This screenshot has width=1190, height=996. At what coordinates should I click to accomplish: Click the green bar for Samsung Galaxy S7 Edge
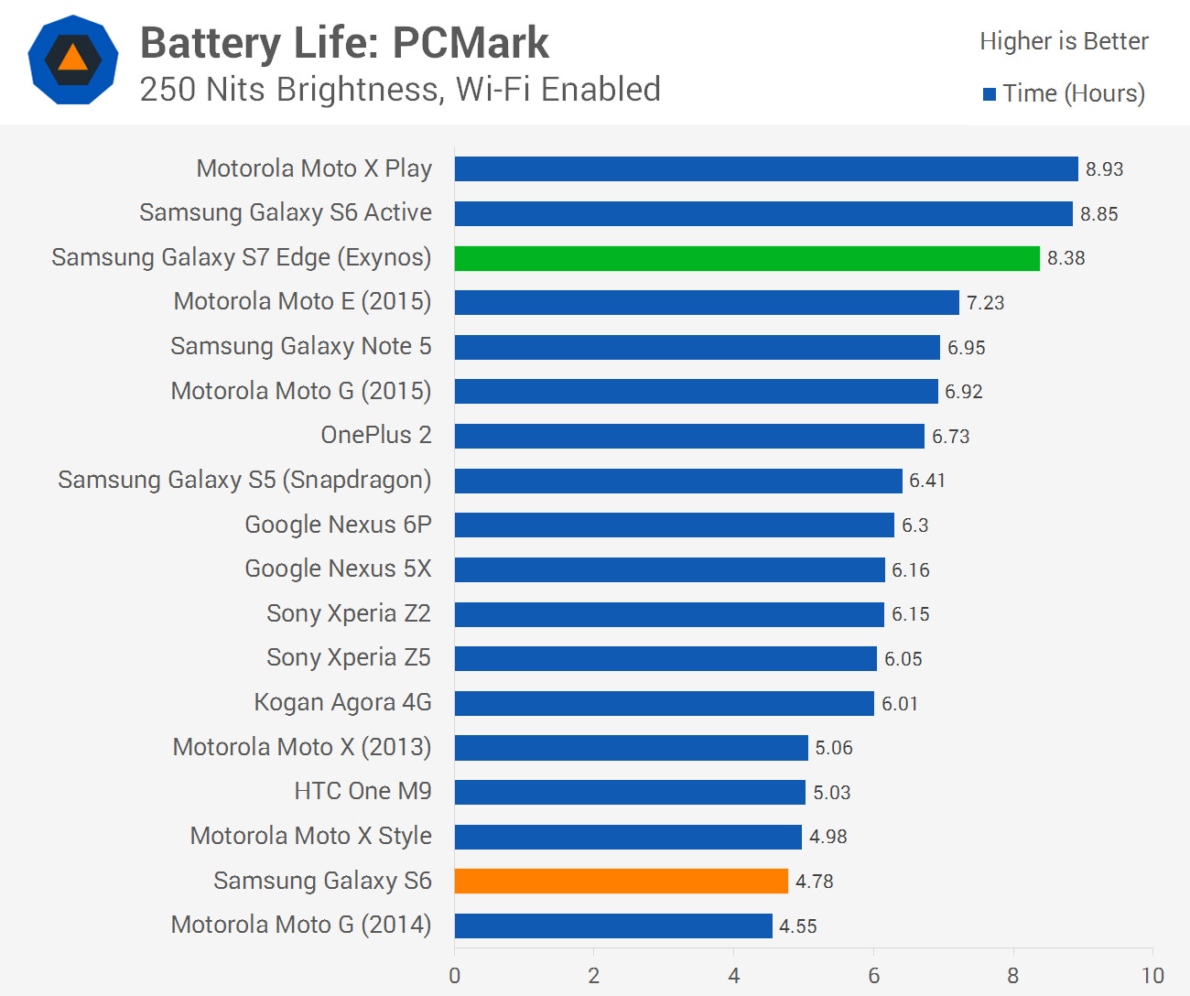[x=747, y=258]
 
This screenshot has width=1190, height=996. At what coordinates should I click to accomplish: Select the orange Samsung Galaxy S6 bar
[x=621, y=881]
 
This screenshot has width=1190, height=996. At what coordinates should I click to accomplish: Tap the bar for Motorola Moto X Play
[x=766, y=169]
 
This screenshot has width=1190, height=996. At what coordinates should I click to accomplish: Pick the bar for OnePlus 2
[x=689, y=436]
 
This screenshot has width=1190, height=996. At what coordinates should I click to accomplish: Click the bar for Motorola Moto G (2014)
[x=613, y=926]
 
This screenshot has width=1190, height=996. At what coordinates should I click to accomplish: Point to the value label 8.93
[x=1104, y=169]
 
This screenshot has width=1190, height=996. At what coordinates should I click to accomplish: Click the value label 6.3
[x=914, y=525]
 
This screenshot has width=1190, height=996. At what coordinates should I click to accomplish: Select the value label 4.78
[x=814, y=882]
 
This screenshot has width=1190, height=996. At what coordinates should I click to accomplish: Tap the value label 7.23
[x=985, y=303]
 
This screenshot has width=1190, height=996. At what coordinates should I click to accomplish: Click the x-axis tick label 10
[x=1152, y=976]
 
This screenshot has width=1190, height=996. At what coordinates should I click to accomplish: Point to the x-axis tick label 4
[x=733, y=976]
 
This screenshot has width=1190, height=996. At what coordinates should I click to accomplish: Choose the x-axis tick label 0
[x=455, y=976]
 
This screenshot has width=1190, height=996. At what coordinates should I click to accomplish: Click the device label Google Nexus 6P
[x=338, y=525]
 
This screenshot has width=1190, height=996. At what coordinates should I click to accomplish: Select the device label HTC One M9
[x=362, y=791]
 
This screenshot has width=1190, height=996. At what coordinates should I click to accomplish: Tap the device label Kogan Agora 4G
[x=342, y=702]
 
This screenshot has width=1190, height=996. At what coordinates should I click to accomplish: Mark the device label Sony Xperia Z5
[x=348, y=657]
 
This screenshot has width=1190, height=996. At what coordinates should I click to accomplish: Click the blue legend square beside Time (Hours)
[x=990, y=94]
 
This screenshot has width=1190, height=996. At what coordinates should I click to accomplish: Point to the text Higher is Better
[x=1064, y=41]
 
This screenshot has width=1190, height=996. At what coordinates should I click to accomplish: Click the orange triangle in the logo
[x=72, y=60]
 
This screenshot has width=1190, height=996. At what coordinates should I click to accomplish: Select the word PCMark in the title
[x=471, y=43]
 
